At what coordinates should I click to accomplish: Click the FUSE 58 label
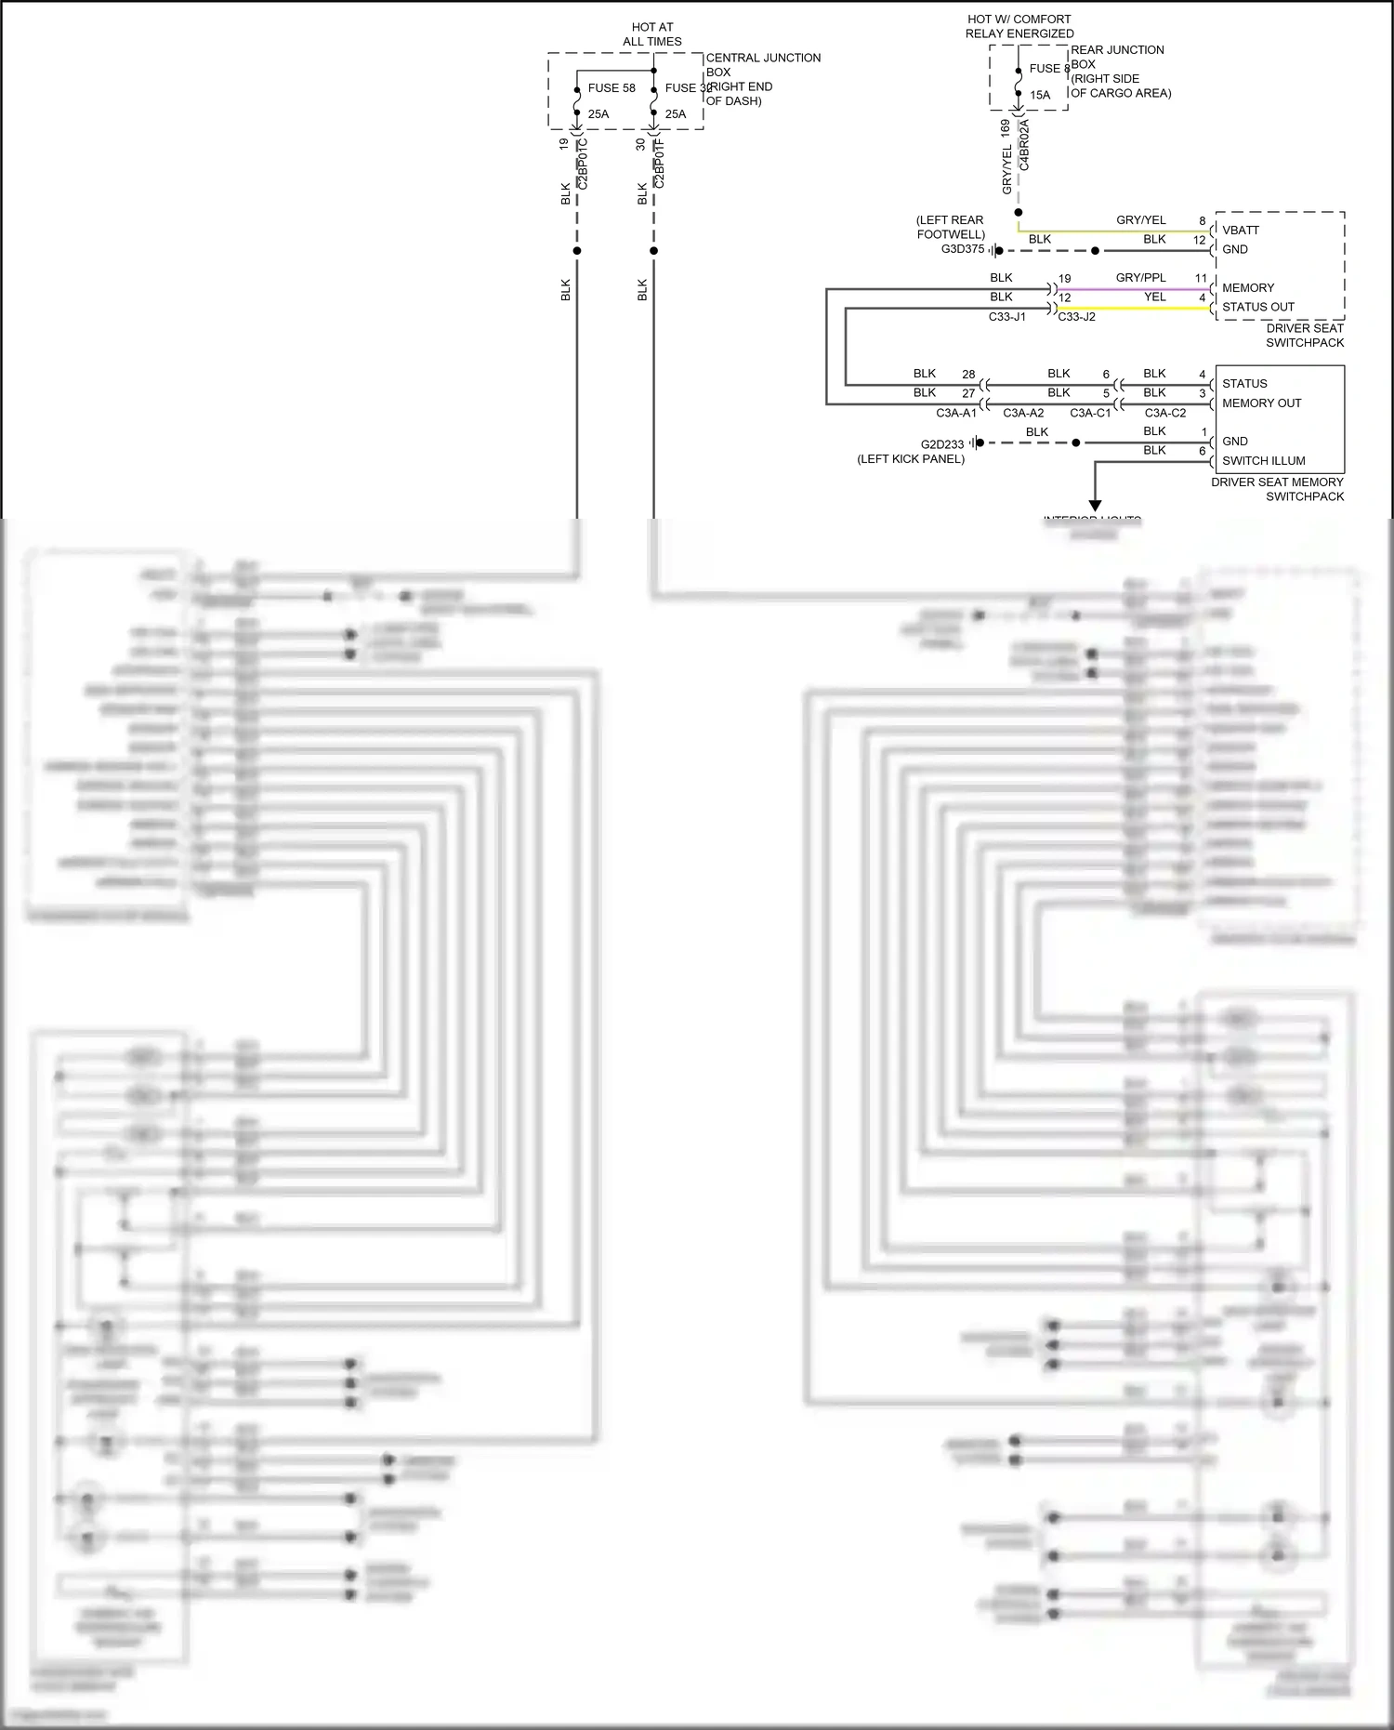(612, 88)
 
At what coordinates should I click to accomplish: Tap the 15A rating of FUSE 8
(1040, 95)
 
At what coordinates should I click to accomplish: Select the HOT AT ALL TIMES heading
(652, 34)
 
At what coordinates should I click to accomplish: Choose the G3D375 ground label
(963, 249)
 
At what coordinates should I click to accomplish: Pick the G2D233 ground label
(942, 444)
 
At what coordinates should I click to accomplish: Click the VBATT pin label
(1241, 231)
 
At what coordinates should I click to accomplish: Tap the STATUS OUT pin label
(1258, 307)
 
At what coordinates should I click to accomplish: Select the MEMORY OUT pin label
(1261, 403)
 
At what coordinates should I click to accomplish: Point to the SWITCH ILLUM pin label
(1263, 461)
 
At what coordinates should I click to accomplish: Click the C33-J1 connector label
(1007, 317)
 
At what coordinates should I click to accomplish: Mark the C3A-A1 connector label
(956, 413)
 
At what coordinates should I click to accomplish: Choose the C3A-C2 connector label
(1165, 413)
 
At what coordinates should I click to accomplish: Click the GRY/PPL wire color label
(1140, 278)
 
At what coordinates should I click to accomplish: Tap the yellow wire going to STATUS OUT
(1134, 309)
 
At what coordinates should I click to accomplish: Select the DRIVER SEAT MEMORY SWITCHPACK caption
(1278, 489)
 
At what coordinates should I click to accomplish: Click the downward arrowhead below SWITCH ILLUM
(1095, 506)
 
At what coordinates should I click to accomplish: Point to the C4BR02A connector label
(1024, 144)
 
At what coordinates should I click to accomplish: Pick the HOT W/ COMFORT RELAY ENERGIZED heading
(1019, 26)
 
